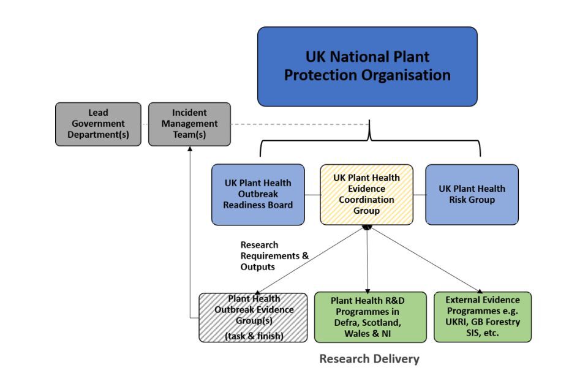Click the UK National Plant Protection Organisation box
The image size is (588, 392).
click(367, 66)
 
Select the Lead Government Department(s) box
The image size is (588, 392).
click(97, 124)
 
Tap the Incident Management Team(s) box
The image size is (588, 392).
click(189, 124)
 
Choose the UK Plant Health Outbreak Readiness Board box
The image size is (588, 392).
click(257, 194)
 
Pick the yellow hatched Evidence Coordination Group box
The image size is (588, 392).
click(366, 194)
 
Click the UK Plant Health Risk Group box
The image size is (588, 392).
click(472, 194)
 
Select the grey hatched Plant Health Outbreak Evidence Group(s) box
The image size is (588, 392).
click(253, 317)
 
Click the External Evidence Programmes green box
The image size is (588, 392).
click(483, 317)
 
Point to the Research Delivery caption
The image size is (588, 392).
click(369, 359)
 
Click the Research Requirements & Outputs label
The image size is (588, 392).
click(274, 256)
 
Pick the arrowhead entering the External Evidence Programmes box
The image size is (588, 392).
click(480, 290)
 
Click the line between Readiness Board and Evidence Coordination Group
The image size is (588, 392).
click(312, 195)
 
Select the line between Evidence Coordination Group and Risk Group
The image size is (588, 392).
click(420, 195)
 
